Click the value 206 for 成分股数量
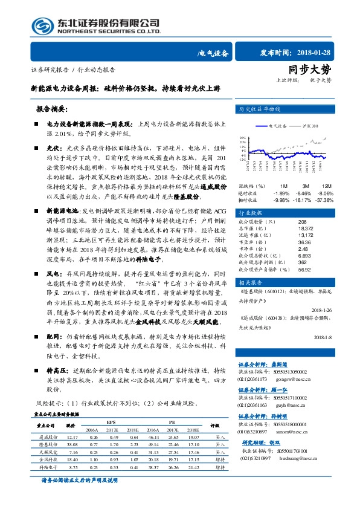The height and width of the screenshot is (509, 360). [x=303, y=222]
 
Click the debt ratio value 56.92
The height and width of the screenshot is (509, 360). [x=305, y=269]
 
